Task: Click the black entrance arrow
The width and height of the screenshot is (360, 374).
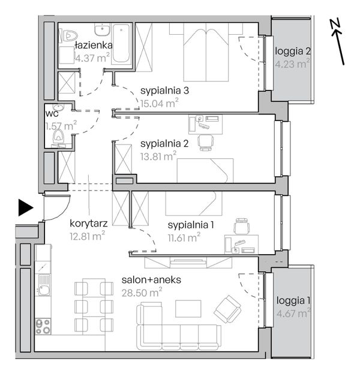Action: point(25,208)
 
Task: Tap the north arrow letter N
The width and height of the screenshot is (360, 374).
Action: point(335,23)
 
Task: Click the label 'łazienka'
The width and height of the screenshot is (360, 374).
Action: point(94,45)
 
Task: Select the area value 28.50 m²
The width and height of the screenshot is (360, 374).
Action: point(142,292)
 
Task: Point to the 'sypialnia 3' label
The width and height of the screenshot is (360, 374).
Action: point(164,91)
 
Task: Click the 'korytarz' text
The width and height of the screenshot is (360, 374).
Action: point(89,224)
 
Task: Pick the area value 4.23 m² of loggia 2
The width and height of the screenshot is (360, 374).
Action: point(292,64)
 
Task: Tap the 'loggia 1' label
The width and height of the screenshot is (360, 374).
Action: point(293,300)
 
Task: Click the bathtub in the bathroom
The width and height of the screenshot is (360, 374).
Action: point(121,43)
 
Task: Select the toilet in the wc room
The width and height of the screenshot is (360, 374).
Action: point(58,137)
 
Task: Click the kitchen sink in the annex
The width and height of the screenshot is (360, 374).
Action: point(43,285)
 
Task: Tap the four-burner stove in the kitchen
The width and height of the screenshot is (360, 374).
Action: point(43,327)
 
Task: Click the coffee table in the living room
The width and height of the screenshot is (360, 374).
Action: point(188,309)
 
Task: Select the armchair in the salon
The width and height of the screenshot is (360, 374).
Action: point(227,309)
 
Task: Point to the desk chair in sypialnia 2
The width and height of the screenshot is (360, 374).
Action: point(205,143)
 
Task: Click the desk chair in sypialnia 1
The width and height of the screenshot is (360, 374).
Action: point(242,226)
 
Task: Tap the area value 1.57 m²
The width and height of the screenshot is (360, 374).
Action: point(61,126)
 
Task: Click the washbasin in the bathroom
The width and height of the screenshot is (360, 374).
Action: point(103,31)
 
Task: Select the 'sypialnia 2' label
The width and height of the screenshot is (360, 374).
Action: point(164,144)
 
